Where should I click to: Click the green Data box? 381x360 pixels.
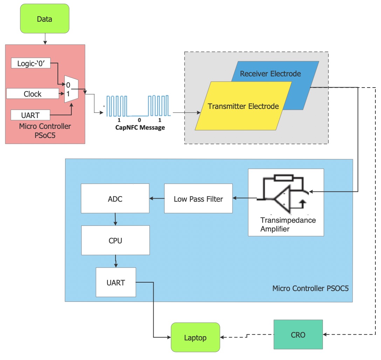pos(44,19)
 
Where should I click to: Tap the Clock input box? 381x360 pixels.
pos(33,94)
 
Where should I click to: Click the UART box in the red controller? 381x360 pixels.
pos(30,115)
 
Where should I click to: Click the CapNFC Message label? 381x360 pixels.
pos(140,127)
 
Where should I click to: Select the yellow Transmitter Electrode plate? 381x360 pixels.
pos(243,106)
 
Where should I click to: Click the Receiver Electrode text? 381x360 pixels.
pos(270,74)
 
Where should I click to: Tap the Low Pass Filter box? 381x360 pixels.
pos(198,199)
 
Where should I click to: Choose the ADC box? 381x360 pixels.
pos(115,199)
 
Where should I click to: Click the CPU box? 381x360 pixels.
pos(115,241)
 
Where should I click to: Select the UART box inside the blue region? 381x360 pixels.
pos(116,282)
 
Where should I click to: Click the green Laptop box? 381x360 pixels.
pos(195,338)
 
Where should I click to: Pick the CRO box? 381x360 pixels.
pos(298,335)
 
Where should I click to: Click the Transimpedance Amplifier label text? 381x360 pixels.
pos(288,224)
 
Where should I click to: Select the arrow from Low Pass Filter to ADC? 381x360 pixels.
pos(157,199)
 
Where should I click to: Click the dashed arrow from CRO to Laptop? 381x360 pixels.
pos(247,336)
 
